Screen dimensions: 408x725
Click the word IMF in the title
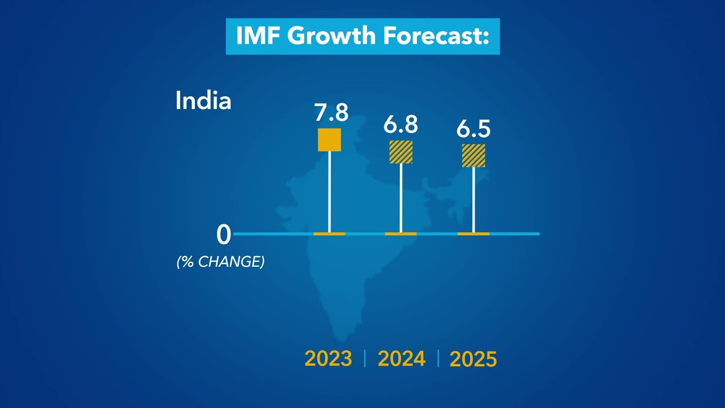point(258,36)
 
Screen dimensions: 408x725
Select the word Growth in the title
point(331,36)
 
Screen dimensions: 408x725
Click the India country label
point(203,101)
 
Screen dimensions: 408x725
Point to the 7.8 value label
point(331,113)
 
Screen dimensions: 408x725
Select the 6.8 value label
point(400,124)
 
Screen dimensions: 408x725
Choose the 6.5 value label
point(474,129)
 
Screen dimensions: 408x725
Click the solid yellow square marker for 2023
point(330,140)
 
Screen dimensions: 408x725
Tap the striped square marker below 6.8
point(400,152)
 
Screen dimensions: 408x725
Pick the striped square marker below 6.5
point(474,155)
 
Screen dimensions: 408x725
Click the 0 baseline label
point(224,235)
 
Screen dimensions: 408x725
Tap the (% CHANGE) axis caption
point(220,262)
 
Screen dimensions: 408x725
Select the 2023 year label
point(328,359)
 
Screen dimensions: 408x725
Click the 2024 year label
point(401,359)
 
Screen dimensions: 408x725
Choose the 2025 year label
point(473,359)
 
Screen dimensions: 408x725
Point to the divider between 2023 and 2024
point(365,359)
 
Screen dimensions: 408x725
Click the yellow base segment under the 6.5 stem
point(474,233)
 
